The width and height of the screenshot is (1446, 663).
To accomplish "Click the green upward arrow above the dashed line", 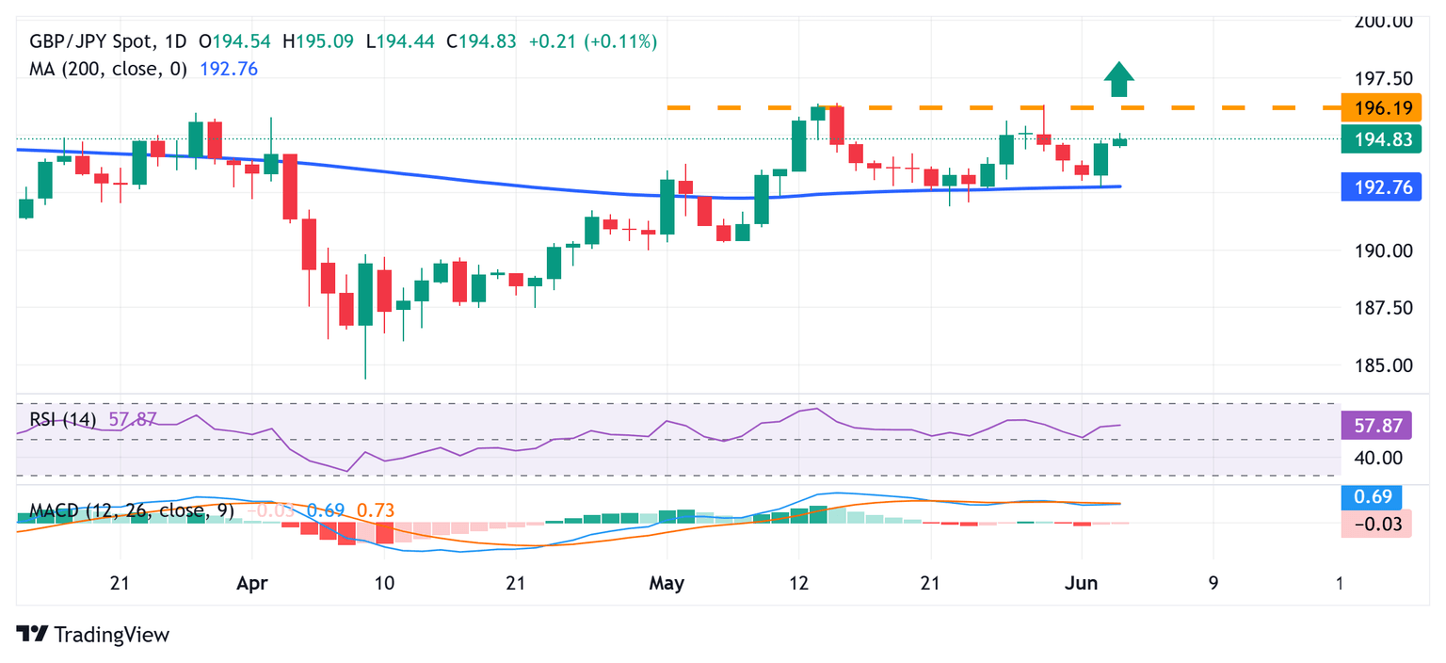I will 1117,79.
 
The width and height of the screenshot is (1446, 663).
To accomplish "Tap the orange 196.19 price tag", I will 1375,108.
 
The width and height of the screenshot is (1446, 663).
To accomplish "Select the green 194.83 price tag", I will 1375,139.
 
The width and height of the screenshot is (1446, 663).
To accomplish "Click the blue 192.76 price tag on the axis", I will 1375,187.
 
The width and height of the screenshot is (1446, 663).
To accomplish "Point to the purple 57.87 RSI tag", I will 1375,426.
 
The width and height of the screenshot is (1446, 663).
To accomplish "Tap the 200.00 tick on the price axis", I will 1375,21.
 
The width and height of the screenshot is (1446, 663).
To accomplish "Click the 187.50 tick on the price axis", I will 1375,308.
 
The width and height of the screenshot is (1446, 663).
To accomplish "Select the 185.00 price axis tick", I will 1375,365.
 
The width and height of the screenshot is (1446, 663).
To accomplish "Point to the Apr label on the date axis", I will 251,584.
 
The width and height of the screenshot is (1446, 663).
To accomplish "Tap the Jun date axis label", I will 1081,584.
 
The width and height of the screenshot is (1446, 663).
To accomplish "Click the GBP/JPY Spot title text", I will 94,41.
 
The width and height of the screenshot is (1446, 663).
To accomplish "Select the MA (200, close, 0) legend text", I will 108,69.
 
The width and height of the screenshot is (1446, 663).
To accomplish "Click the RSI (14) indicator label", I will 62,419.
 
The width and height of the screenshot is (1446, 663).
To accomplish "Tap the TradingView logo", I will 93,635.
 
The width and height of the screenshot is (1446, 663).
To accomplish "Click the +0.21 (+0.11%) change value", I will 593,41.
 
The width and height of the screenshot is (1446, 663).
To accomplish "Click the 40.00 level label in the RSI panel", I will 1375,458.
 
